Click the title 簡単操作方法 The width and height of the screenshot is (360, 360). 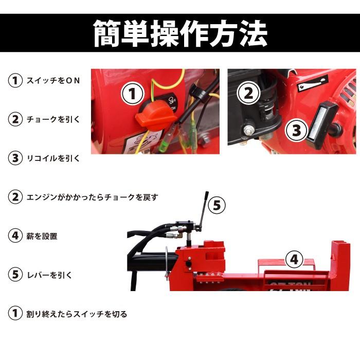click(x=180, y=33)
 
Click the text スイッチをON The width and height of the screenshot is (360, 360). click(x=53, y=81)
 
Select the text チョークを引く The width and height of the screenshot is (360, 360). click(x=53, y=119)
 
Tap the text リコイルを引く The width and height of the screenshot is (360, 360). click(x=53, y=158)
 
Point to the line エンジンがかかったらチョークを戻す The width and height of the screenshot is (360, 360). click(x=92, y=197)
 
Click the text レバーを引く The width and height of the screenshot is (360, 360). click(x=49, y=275)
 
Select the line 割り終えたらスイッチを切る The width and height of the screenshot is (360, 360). click(x=76, y=314)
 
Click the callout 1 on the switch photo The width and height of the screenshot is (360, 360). click(x=132, y=95)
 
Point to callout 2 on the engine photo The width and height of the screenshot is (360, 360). click(x=248, y=93)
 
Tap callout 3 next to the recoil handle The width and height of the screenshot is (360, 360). click(x=296, y=130)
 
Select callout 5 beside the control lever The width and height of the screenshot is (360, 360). click(x=217, y=206)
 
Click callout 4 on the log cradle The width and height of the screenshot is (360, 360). click(x=294, y=260)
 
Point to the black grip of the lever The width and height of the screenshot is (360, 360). click(x=205, y=199)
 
